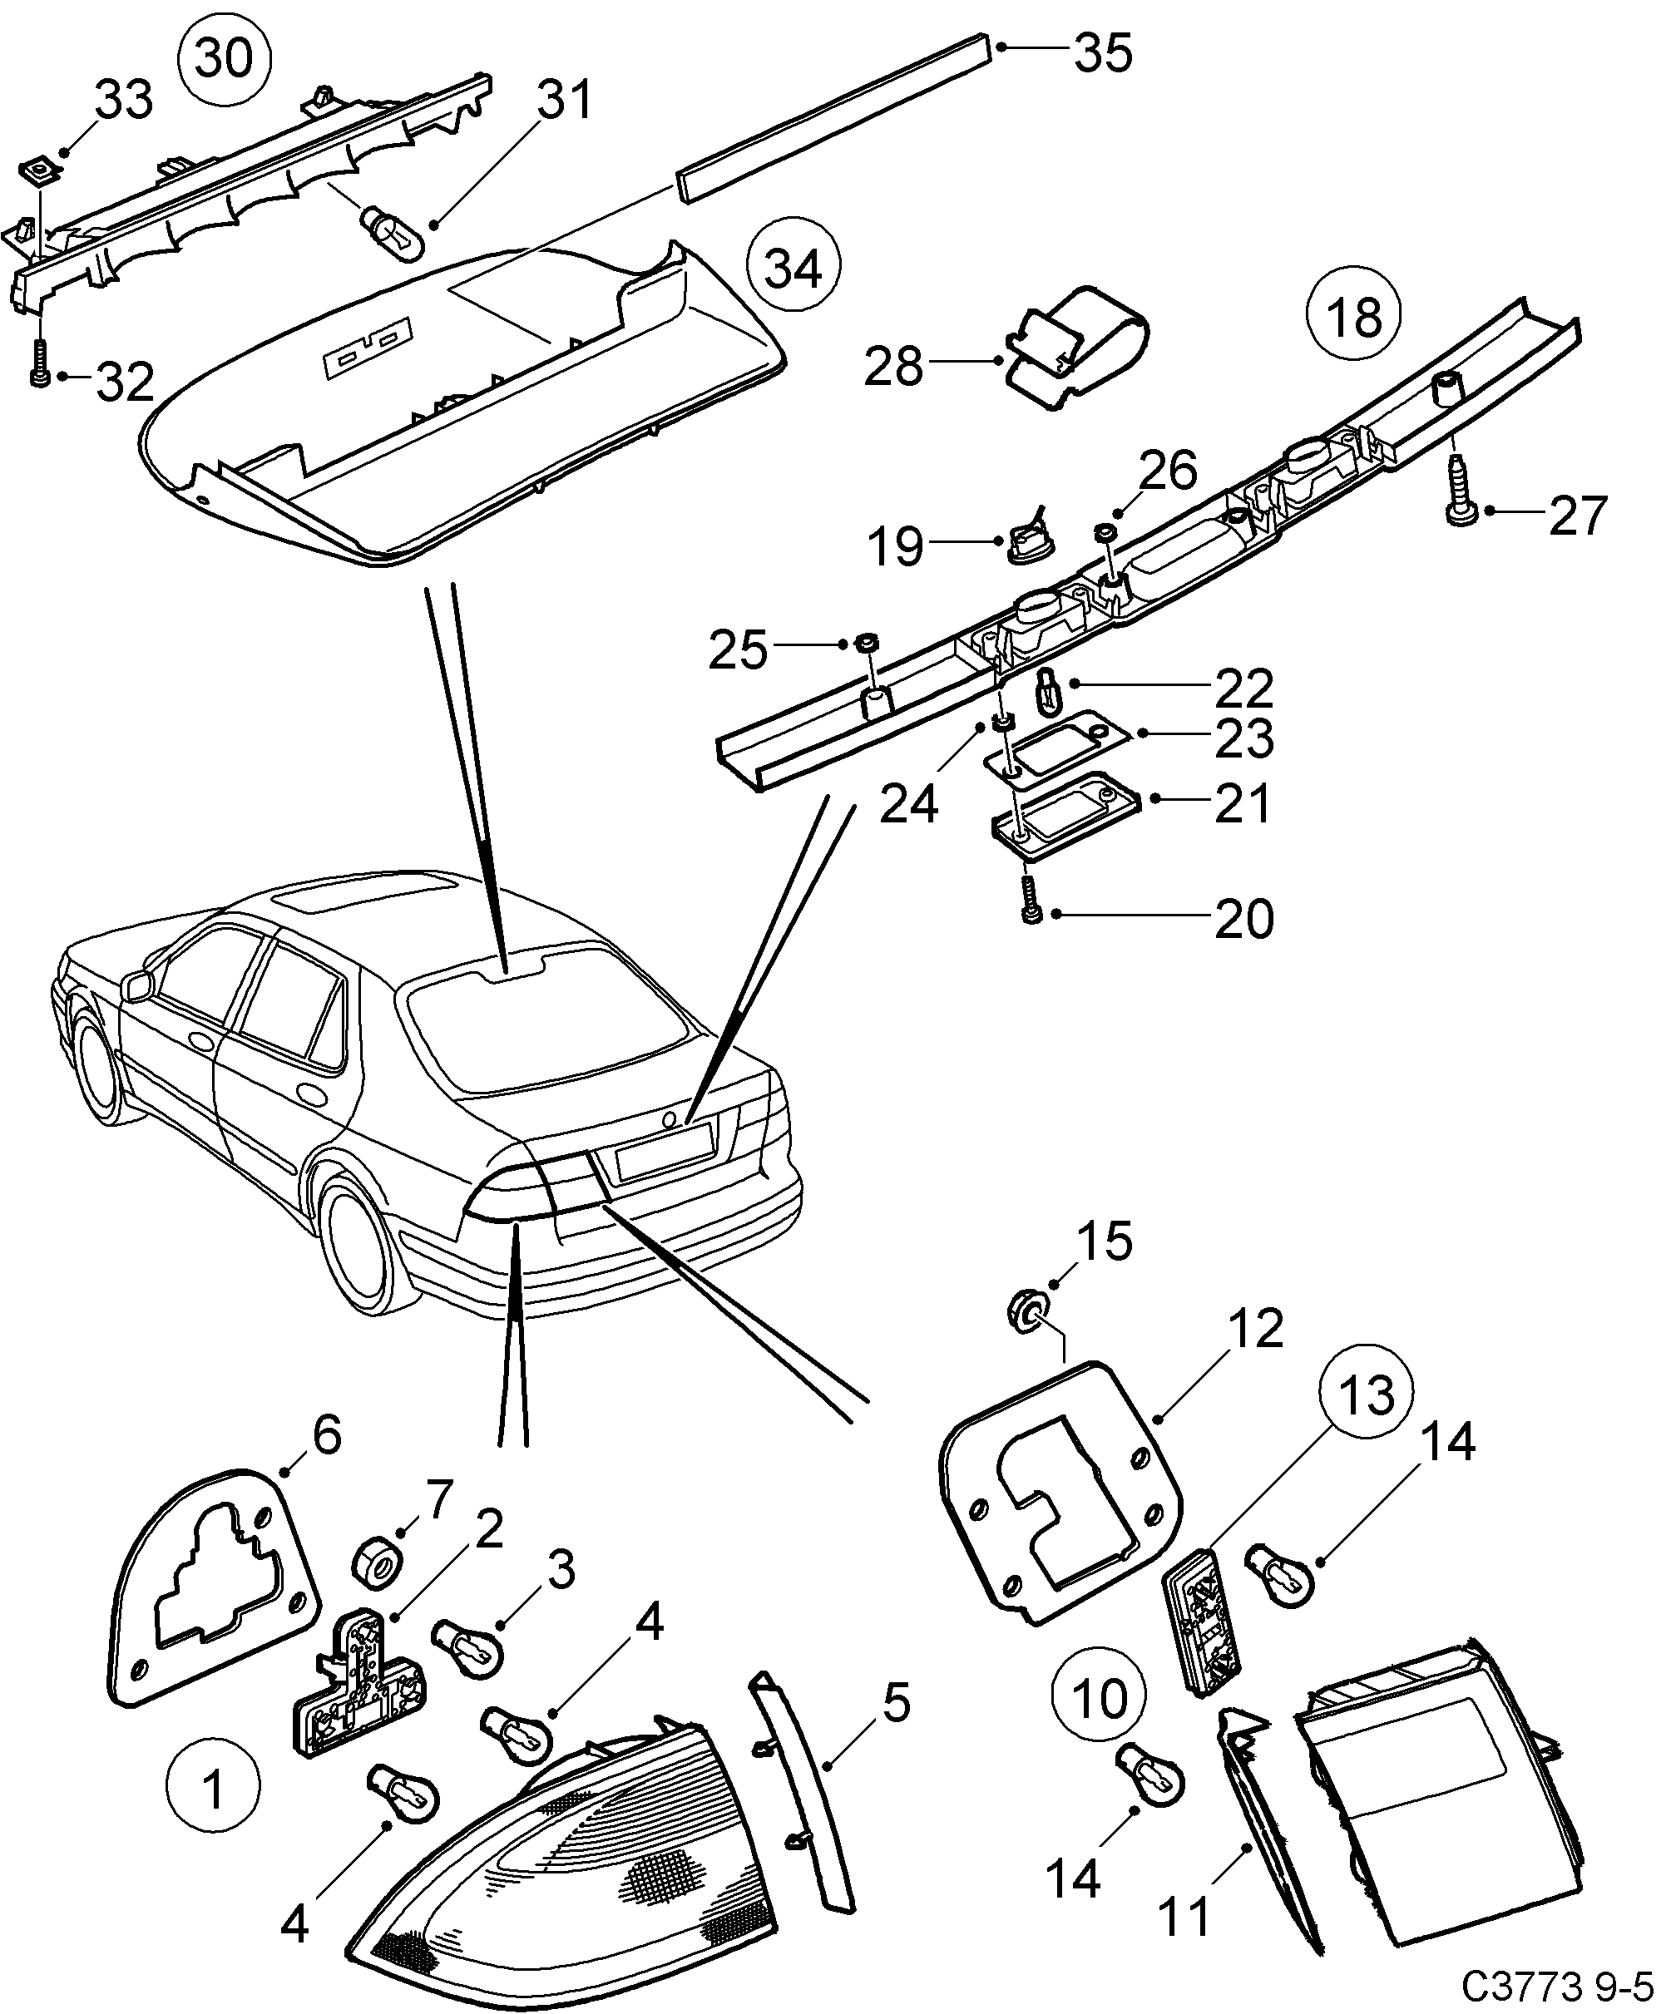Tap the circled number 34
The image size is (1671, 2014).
pos(793,268)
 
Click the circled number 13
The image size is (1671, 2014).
pos(1366,1395)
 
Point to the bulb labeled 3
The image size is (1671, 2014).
pos(463,1645)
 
